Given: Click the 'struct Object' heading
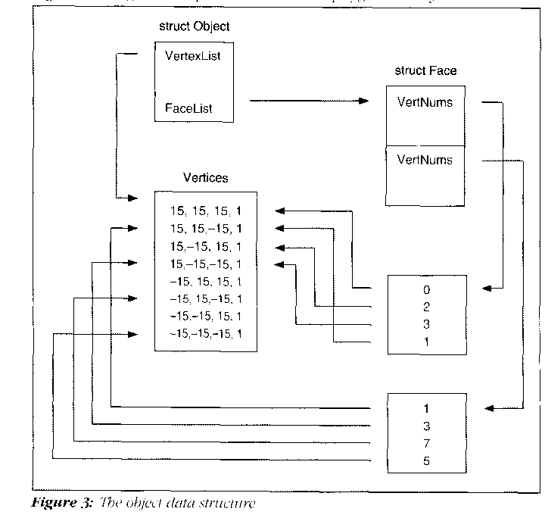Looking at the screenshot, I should click(194, 27).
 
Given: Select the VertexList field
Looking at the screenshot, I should click(193, 55).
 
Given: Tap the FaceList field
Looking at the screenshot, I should click(188, 108).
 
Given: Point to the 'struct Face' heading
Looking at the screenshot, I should click(425, 71).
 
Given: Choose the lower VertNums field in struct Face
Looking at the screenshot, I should click(425, 160).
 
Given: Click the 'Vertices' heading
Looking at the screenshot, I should click(206, 178).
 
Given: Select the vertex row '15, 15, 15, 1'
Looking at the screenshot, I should click(206, 210).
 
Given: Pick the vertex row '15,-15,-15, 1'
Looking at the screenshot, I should click(206, 264).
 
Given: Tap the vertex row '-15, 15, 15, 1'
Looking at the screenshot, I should click(206, 281).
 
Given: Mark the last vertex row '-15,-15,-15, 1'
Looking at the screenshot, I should click(206, 334).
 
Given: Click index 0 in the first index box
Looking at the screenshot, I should click(427, 289).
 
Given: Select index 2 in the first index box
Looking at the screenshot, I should click(427, 307).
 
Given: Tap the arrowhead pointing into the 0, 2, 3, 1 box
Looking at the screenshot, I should click(488, 289).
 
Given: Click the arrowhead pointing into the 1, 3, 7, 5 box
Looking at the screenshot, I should click(488, 408).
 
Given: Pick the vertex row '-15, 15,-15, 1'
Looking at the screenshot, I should click(206, 299).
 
